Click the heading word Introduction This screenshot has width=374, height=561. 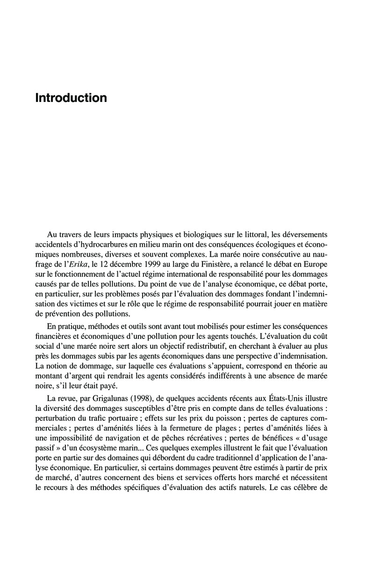tap(71, 99)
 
